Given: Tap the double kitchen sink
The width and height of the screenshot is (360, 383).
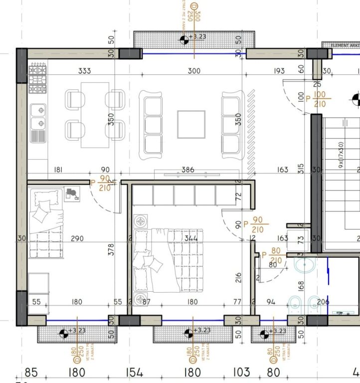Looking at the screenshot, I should tap(38, 116).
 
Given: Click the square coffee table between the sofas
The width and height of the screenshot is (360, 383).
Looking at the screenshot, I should tap(191, 125).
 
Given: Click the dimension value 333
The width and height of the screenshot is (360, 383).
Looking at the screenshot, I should tap(85, 71).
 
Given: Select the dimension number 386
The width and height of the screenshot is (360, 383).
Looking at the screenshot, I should tap(187, 170).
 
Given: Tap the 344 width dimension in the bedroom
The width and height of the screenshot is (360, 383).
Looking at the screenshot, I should tap(191, 239).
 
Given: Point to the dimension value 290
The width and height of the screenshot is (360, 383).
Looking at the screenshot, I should tap(77, 239).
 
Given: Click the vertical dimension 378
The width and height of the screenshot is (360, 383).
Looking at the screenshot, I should tap(111, 248).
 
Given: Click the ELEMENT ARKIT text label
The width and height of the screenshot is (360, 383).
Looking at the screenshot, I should tap(345, 45).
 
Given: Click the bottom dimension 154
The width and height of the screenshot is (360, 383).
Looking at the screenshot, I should tap(134, 372).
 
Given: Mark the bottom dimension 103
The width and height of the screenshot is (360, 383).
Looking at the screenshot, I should tap(241, 372).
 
